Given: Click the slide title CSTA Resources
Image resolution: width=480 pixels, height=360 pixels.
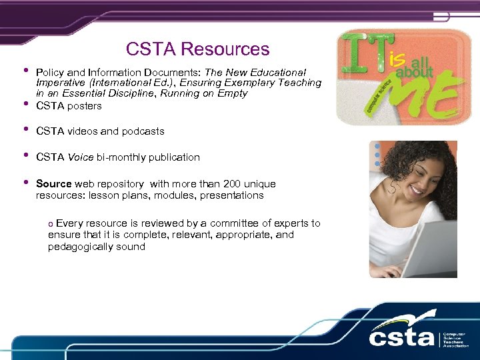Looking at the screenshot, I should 197,49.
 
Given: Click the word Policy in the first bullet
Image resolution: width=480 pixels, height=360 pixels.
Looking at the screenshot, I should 50,72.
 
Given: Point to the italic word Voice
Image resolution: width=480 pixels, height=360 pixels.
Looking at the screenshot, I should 80,157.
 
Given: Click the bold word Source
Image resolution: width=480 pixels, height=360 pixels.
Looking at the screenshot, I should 53,183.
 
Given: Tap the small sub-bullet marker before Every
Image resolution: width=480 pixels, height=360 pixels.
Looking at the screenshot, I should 51,224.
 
